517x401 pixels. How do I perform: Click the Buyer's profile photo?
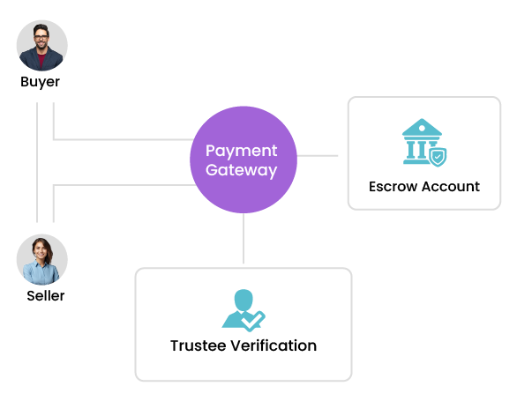tap(41, 46)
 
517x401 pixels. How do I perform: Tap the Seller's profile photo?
tap(41, 260)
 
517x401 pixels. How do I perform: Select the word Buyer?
tap(41, 82)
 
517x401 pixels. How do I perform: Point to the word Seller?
tap(46, 295)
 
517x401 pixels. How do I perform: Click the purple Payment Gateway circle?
tap(244, 160)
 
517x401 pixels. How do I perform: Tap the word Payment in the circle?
tap(242, 152)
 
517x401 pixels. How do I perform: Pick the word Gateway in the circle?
tap(242, 170)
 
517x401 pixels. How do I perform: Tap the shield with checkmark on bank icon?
tap(438, 157)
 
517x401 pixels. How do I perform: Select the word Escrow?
tap(393, 187)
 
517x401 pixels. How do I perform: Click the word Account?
tap(451, 187)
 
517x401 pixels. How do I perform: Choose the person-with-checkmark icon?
tap(244, 310)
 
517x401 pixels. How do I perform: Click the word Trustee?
tap(198, 345)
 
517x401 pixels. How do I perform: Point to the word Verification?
tap(273, 345)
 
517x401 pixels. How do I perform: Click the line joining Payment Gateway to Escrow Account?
tap(318, 155)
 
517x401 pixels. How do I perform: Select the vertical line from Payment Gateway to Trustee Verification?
tap(244, 238)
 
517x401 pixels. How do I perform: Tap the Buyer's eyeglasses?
tap(41, 37)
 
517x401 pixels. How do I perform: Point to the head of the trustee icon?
tap(244, 300)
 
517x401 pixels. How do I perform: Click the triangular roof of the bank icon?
tap(422, 127)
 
